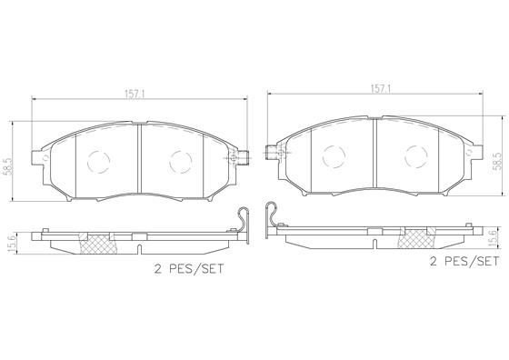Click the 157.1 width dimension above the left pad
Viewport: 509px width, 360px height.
click(x=135, y=95)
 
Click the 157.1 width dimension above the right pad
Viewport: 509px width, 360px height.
click(x=381, y=89)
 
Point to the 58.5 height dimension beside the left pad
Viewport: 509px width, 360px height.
click(x=7, y=167)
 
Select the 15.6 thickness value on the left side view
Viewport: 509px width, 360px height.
click(x=11, y=245)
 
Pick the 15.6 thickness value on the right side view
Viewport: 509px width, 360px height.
click(x=493, y=237)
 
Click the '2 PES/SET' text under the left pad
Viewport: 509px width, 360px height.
click(x=189, y=269)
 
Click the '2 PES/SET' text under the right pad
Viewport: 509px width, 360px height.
click(x=464, y=261)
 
